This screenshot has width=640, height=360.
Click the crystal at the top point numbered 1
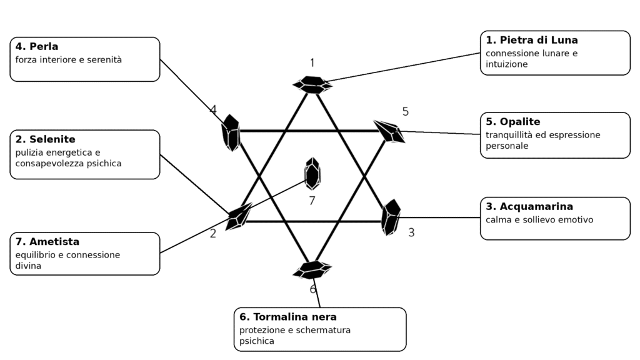click(x=312, y=85)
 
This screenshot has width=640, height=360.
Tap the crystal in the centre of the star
click(x=312, y=174)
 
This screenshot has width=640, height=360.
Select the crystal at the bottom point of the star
click(x=312, y=270)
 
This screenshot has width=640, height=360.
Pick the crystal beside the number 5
click(x=389, y=131)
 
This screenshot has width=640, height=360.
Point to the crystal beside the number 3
click(x=391, y=217)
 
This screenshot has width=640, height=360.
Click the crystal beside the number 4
click(x=231, y=132)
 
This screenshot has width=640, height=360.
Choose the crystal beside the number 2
click(x=239, y=216)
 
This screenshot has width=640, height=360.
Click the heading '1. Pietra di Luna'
click(x=531, y=40)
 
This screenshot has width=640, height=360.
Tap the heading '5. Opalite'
click(x=512, y=122)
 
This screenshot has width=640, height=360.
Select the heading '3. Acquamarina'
click(x=529, y=206)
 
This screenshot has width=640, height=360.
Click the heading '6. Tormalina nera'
click(x=287, y=317)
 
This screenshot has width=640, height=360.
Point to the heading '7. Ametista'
click(x=47, y=242)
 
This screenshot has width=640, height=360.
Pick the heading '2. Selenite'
click(x=45, y=139)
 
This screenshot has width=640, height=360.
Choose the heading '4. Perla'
click(x=37, y=46)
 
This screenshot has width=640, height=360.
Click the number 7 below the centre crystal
click(x=312, y=201)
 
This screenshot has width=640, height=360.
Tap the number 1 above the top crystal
click(x=312, y=63)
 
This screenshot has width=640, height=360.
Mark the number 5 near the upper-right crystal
click(x=405, y=111)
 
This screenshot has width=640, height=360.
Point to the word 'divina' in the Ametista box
click(x=28, y=266)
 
